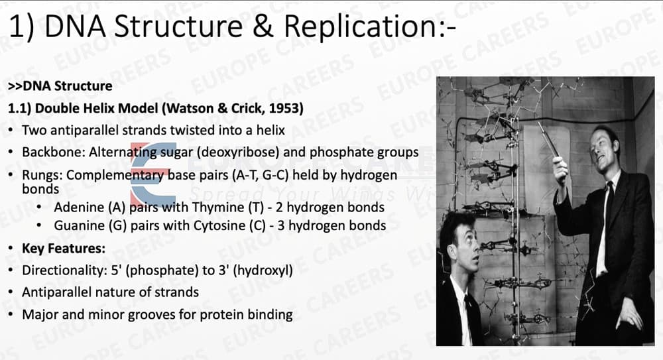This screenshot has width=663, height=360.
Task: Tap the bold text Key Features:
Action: [x=64, y=249]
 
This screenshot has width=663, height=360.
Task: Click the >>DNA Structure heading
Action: [x=60, y=86]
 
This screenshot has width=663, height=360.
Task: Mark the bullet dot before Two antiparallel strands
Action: [x=11, y=131]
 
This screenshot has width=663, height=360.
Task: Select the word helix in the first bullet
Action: [x=271, y=131]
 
